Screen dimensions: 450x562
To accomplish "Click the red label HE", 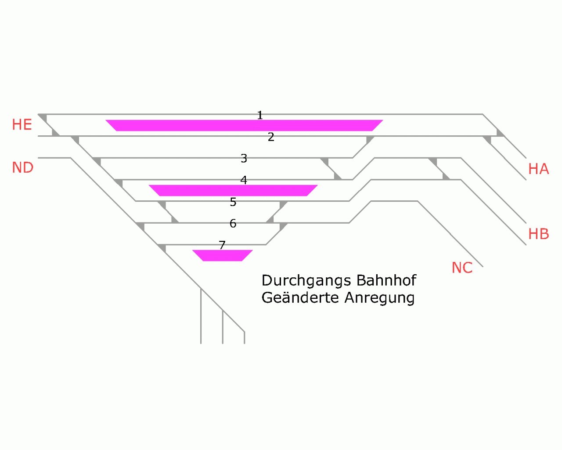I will [22, 125].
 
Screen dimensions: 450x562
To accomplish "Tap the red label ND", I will [23, 167].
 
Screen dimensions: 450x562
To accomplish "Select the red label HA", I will [538, 169].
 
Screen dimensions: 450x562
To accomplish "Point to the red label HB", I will [538, 234].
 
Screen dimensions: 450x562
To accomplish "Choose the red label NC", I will [462, 268].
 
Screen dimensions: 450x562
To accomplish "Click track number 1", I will [260, 115].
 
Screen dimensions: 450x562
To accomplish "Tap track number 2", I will [271, 137].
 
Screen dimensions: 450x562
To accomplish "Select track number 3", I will [244, 158].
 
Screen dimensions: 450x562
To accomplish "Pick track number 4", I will [244, 180].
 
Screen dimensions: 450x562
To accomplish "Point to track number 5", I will [233, 202].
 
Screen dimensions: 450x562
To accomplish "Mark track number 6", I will [233, 224].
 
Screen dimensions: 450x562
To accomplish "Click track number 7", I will [222, 245].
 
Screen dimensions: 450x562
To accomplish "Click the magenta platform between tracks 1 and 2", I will [244, 125].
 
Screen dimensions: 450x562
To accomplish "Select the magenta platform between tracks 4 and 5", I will [233, 190].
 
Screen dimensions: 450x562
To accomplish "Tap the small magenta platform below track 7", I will [223, 255].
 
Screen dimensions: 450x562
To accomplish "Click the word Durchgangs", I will [306, 281].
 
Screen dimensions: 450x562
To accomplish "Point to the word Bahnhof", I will [386, 280].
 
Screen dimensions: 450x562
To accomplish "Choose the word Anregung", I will [379, 298].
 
